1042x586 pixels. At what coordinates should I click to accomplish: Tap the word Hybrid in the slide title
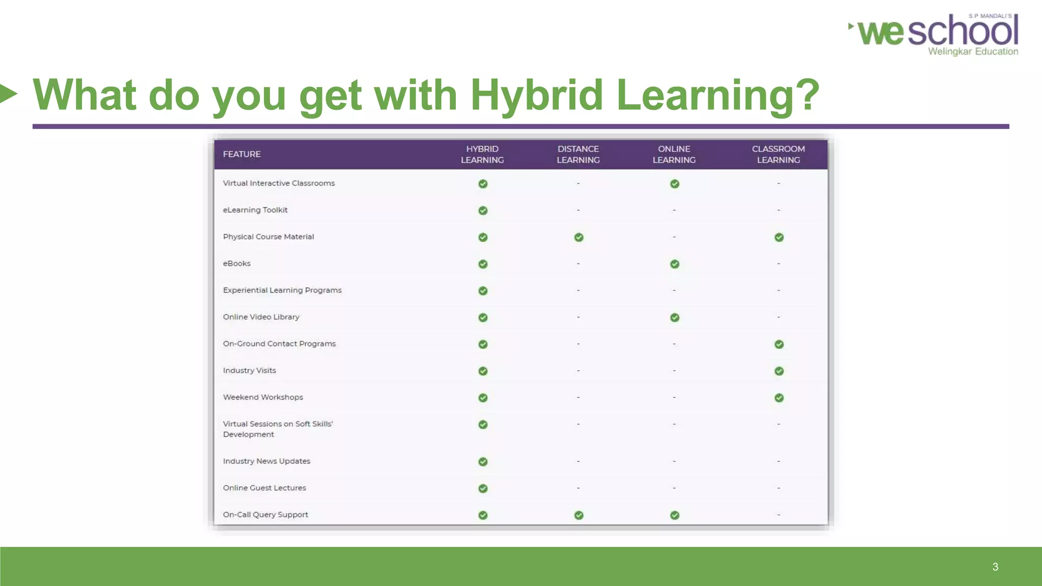tap(536, 95)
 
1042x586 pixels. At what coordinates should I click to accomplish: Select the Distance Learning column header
tap(578, 154)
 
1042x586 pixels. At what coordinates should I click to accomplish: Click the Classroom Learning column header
tap(778, 154)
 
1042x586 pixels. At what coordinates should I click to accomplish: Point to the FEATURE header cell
tap(242, 154)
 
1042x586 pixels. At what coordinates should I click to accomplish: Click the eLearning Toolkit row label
tap(255, 210)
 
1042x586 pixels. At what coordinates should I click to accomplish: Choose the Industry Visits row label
tap(249, 371)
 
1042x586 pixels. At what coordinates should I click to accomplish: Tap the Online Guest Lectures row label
tap(265, 488)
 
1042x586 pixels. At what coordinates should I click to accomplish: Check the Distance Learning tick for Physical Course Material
tap(578, 238)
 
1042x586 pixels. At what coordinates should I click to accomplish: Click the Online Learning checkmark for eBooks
tap(675, 264)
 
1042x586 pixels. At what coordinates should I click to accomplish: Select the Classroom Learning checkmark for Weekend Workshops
tap(779, 398)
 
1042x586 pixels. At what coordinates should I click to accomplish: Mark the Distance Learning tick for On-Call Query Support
tap(578, 515)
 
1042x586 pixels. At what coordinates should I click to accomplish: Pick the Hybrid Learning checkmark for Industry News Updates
tap(483, 462)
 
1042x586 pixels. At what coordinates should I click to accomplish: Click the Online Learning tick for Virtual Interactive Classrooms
tap(675, 184)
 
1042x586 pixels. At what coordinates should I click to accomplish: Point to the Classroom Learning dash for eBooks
tap(778, 264)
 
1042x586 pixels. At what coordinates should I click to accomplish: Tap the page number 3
tap(995, 567)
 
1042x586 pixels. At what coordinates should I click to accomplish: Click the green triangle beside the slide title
tap(8, 93)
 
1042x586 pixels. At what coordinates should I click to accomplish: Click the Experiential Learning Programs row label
tap(282, 290)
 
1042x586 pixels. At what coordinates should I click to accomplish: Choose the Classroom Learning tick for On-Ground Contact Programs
tap(779, 344)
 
